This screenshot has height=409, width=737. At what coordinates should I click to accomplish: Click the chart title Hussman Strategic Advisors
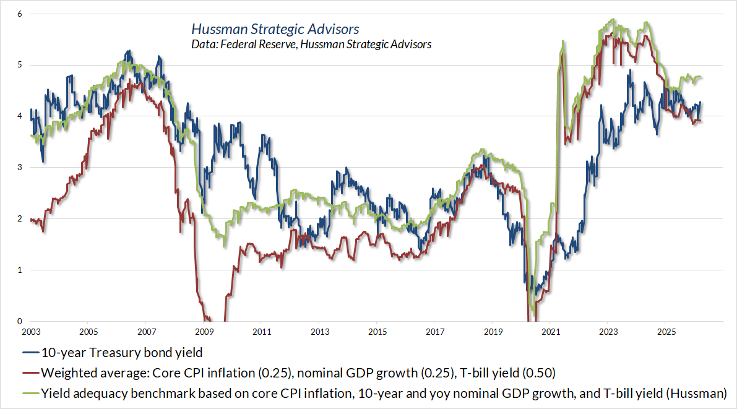(275, 29)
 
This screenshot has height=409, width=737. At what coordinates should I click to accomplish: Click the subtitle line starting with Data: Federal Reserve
(311, 45)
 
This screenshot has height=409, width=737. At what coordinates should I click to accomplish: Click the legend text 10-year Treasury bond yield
(122, 353)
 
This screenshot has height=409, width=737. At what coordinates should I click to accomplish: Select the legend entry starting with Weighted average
(298, 372)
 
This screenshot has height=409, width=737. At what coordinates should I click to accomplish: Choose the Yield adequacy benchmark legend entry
(383, 392)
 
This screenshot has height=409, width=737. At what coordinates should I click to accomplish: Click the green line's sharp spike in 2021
(562, 41)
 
